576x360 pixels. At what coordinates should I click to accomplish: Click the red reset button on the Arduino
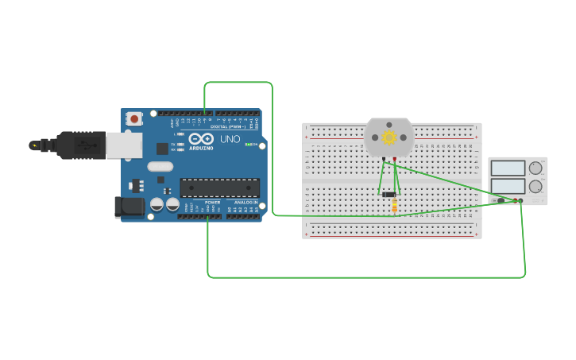pyautogui.click(x=134, y=119)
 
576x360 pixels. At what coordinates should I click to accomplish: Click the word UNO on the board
pyautogui.click(x=230, y=139)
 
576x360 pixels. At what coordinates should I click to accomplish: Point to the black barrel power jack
pyautogui.click(x=130, y=207)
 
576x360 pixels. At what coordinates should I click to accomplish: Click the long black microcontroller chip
pyautogui.click(x=219, y=188)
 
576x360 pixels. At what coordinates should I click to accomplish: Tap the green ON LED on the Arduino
pyautogui.click(x=248, y=145)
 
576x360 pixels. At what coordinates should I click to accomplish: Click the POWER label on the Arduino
pyautogui.click(x=212, y=203)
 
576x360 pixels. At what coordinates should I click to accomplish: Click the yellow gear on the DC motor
pyautogui.click(x=389, y=137)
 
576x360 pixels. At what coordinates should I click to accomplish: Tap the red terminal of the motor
pyautogui.click(x=395, y=159)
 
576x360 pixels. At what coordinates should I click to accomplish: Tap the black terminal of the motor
pyautogui.click(x=384, y=159)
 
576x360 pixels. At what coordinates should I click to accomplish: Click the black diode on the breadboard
pyautogui.click(x=389, y=195)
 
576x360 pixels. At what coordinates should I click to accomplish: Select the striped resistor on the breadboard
pyautogui.click(x=395, y=207)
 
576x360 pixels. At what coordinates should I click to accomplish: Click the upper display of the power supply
pyautogui.click(x=508, y=168)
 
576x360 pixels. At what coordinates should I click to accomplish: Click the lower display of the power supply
pyautogui.click(x=508, y=187)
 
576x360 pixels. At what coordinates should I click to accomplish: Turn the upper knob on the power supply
pyautogui.click(x=535, y=168)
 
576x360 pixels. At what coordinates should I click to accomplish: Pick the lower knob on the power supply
pyautogui.click(x=535, y=187)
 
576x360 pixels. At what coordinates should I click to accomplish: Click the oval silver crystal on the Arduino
pyautogui.click(x=160, y=167)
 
